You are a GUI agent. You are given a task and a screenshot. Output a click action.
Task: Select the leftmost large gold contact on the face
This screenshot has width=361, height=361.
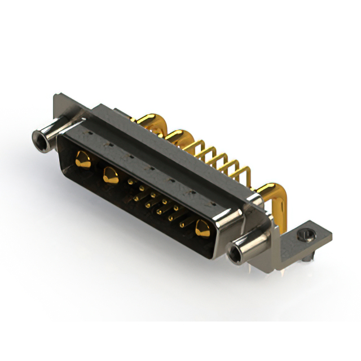(82, 160)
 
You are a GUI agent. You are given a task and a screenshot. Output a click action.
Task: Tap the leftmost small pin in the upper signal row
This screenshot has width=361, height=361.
(131, 182)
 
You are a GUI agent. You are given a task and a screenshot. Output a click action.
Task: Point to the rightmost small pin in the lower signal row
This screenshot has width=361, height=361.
(182, 224)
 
